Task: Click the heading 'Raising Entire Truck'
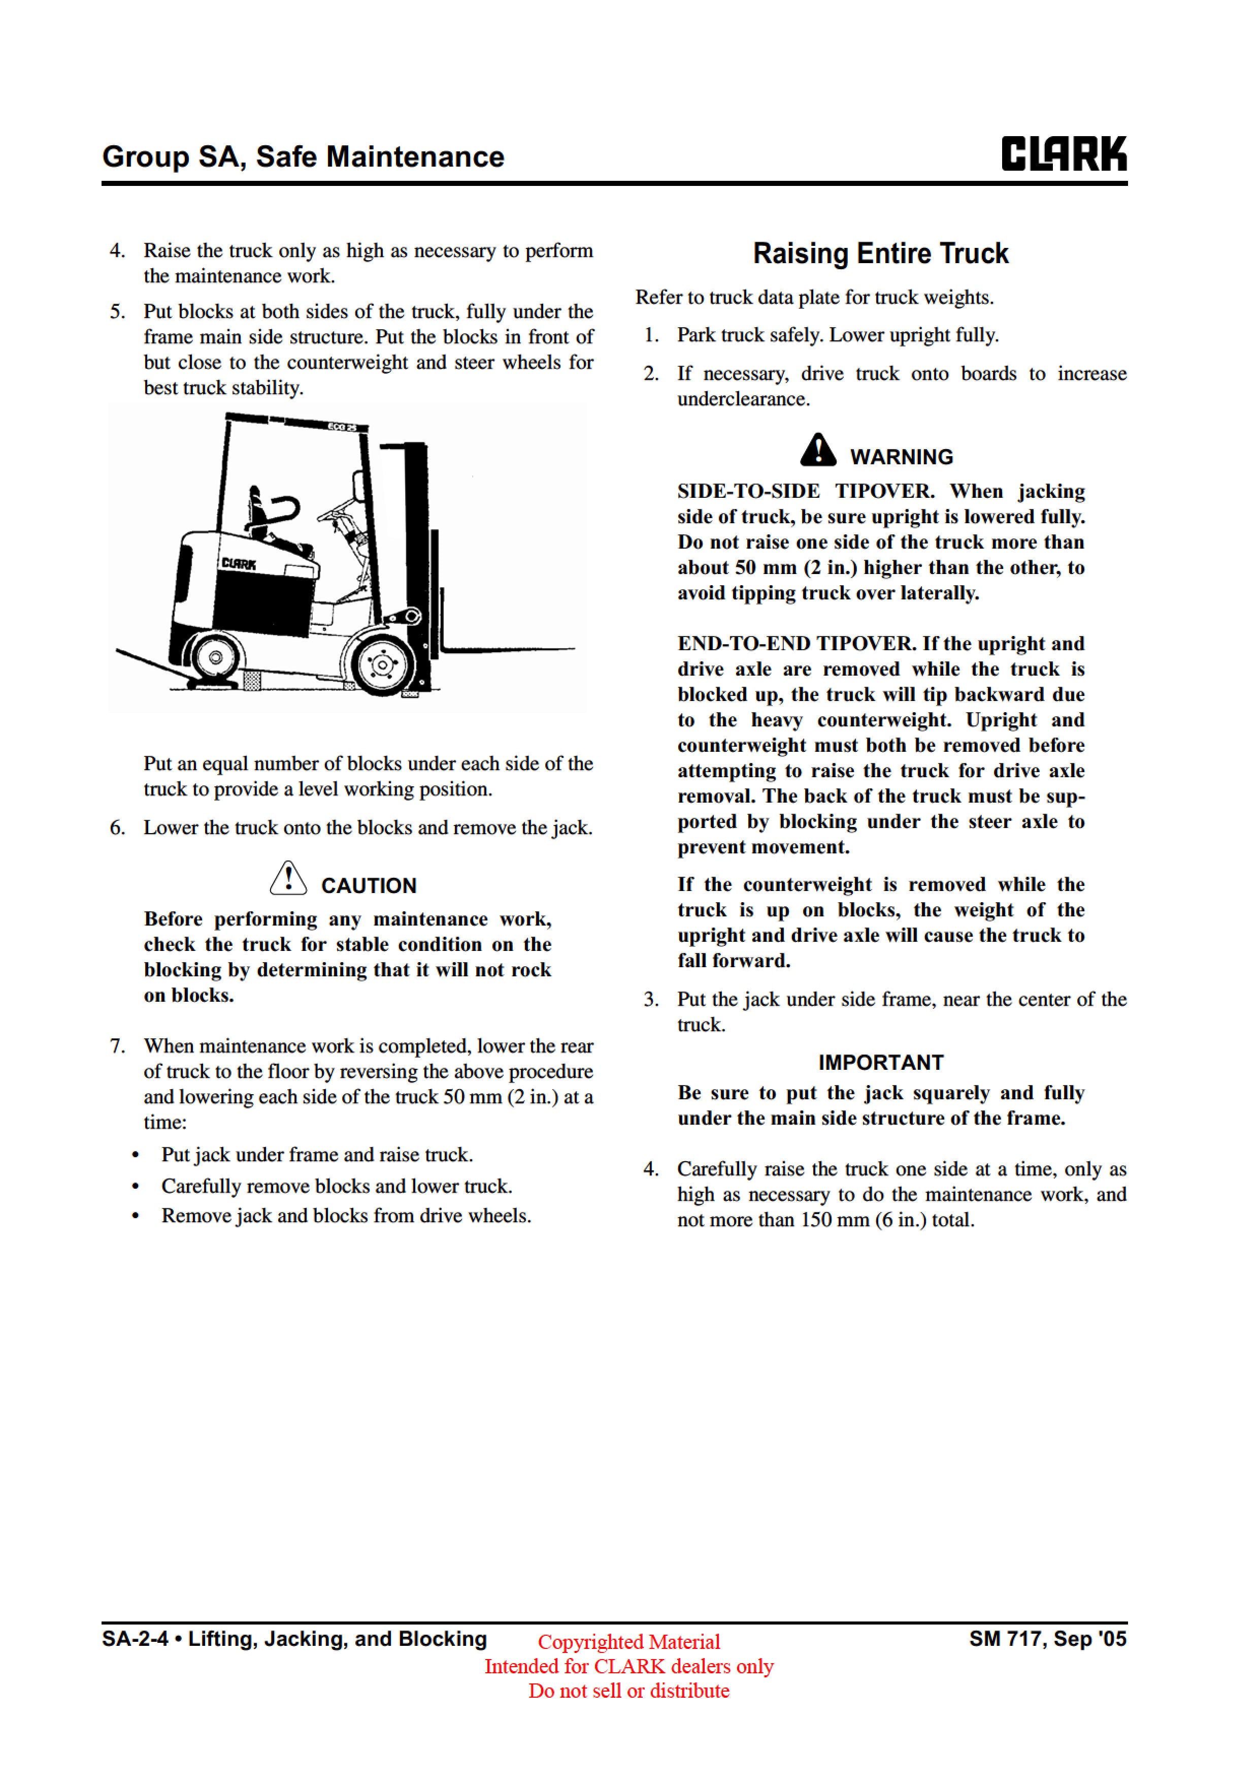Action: (x=880, y=254)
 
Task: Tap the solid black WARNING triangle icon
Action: (x=818, y=450)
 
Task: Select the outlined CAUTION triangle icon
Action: (x=288, y=879)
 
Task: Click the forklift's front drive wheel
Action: (x=381, y=665)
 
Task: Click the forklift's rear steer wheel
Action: (x=216, y=657)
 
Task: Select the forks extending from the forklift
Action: (x=504, y=647)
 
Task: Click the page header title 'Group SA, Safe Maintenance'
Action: (x=303, y=157)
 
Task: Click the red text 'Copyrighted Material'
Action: (x=628, y=1641)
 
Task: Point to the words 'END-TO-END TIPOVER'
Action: (x=796, y=644)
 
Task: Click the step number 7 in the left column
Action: (x=117, y=1046)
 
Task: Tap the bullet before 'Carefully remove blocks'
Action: (x=136, y=1187)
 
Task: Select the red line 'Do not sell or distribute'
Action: (x=628, y=1691)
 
